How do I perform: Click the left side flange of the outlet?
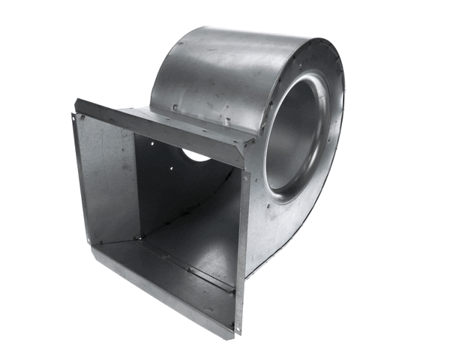pyautogui.click(x=82, y=180)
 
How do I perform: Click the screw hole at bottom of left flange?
pyautogui.click(x=89, y=241)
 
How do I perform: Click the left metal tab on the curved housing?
pyautogui.click(x=175, y=108)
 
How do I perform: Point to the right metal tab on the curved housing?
pyautogui.click(x=226, y=120)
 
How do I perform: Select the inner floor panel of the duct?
pyautogui.click(x=195, y=240)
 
